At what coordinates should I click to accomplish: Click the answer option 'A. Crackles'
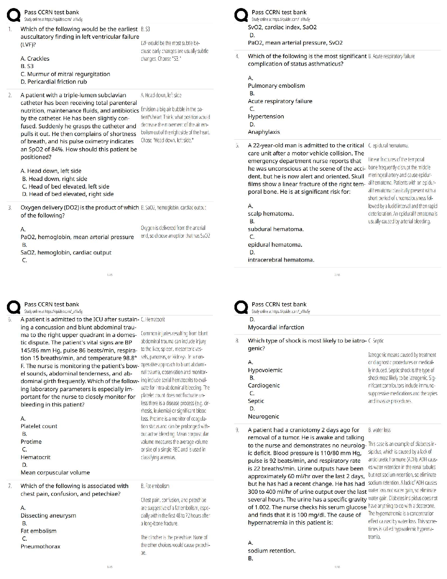[x=35, y=58]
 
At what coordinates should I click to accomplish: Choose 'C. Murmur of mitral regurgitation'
[x=65, y=74]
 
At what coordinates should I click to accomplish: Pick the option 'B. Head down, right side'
[x=54, y=179]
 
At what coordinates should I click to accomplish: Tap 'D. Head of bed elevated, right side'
[x=68, y=194]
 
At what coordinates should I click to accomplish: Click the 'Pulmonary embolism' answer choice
[x=276, y=86]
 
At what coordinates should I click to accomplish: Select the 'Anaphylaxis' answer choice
[x=264, y=132]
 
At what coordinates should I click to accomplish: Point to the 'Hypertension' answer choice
[x=265, y=117]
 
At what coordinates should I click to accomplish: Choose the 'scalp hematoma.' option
[x=271, y=213]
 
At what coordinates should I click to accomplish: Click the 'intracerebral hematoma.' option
[x=281, y=260]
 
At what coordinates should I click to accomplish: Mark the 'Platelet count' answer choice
[x=39, y=426]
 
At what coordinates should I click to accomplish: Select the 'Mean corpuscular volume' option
[x=55, y=473]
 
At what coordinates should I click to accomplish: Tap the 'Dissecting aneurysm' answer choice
[x=48, y=516]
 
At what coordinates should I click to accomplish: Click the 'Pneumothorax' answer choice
[x=41, y=546]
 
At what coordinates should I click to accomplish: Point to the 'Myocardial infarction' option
[x=276, y=328]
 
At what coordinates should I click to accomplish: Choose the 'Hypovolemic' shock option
[x=265, y=370]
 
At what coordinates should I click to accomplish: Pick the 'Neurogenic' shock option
[x=263, y=417]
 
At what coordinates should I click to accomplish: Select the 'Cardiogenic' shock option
[x=264, y=386]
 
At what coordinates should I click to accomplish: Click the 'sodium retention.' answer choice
[x=271, y=551]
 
